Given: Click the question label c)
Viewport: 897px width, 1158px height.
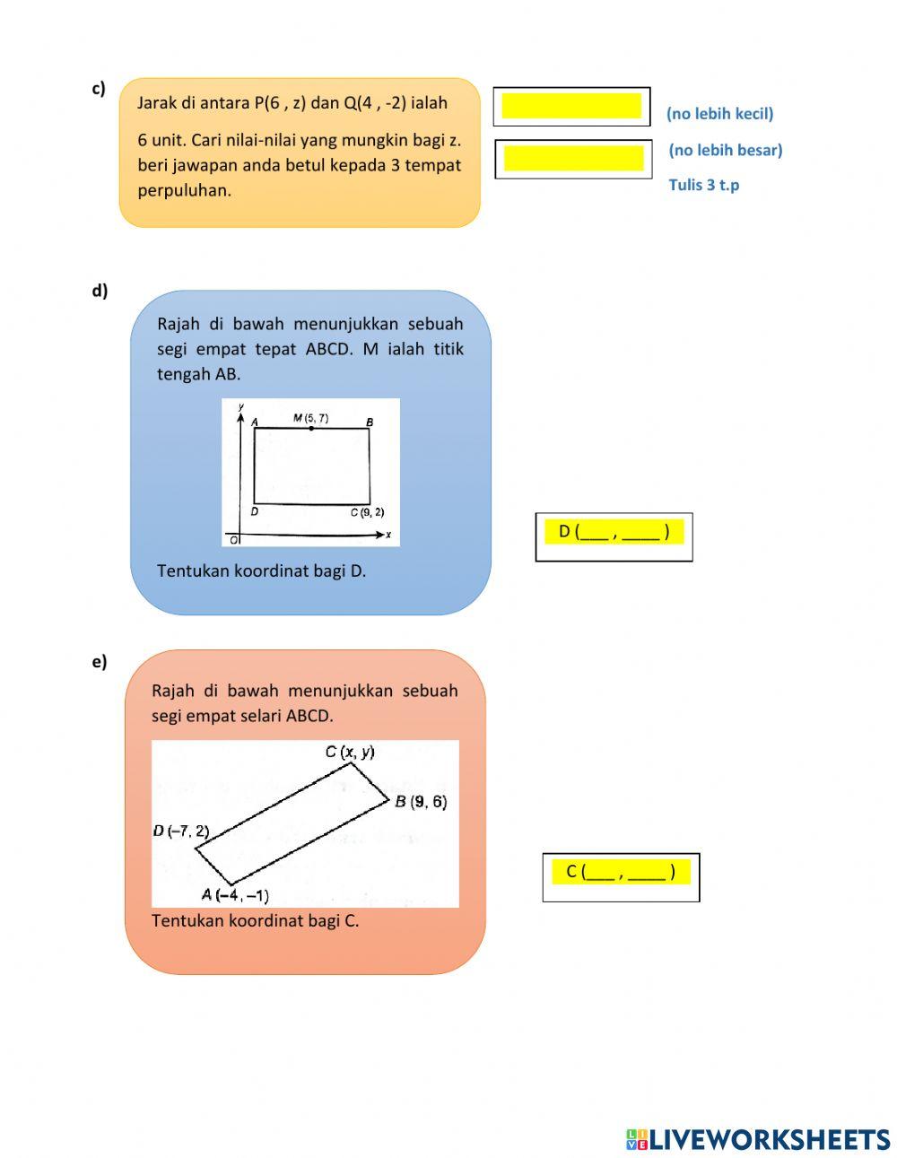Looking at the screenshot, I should (x=98, y=88).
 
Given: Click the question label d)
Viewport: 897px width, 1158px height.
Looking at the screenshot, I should (x=99, y=290).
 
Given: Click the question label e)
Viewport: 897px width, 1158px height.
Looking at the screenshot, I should (x=99, y=661).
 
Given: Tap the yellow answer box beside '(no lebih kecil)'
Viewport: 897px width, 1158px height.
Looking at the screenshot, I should (x=571, y=106).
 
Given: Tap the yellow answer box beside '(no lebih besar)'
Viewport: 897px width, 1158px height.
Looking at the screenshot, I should (x=573, y=159).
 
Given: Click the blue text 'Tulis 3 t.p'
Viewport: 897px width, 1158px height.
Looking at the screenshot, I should (x=703, y=185).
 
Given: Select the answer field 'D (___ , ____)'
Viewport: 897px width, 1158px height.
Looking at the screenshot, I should (x=614, y=532).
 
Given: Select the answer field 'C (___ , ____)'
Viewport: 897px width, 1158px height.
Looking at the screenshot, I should (x=621, y=872).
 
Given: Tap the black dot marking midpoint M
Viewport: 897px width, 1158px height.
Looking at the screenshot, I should (x=310, y=429).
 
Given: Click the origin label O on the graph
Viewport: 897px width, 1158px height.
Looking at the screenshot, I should (x=234, y=540).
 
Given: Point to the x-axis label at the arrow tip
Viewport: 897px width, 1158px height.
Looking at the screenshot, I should (x=388, y=535).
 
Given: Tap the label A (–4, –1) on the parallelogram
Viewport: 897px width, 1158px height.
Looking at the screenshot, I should (x=235, y=894).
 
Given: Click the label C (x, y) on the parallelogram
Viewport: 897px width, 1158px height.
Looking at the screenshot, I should (x=350, y=752).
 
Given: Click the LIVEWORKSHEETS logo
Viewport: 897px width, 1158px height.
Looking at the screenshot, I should (x=758, y=1139).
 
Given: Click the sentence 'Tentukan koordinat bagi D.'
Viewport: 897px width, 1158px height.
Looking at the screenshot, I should (x=261, y=570).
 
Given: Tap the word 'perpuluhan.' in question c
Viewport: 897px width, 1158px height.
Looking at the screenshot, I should (x=184, y=190).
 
